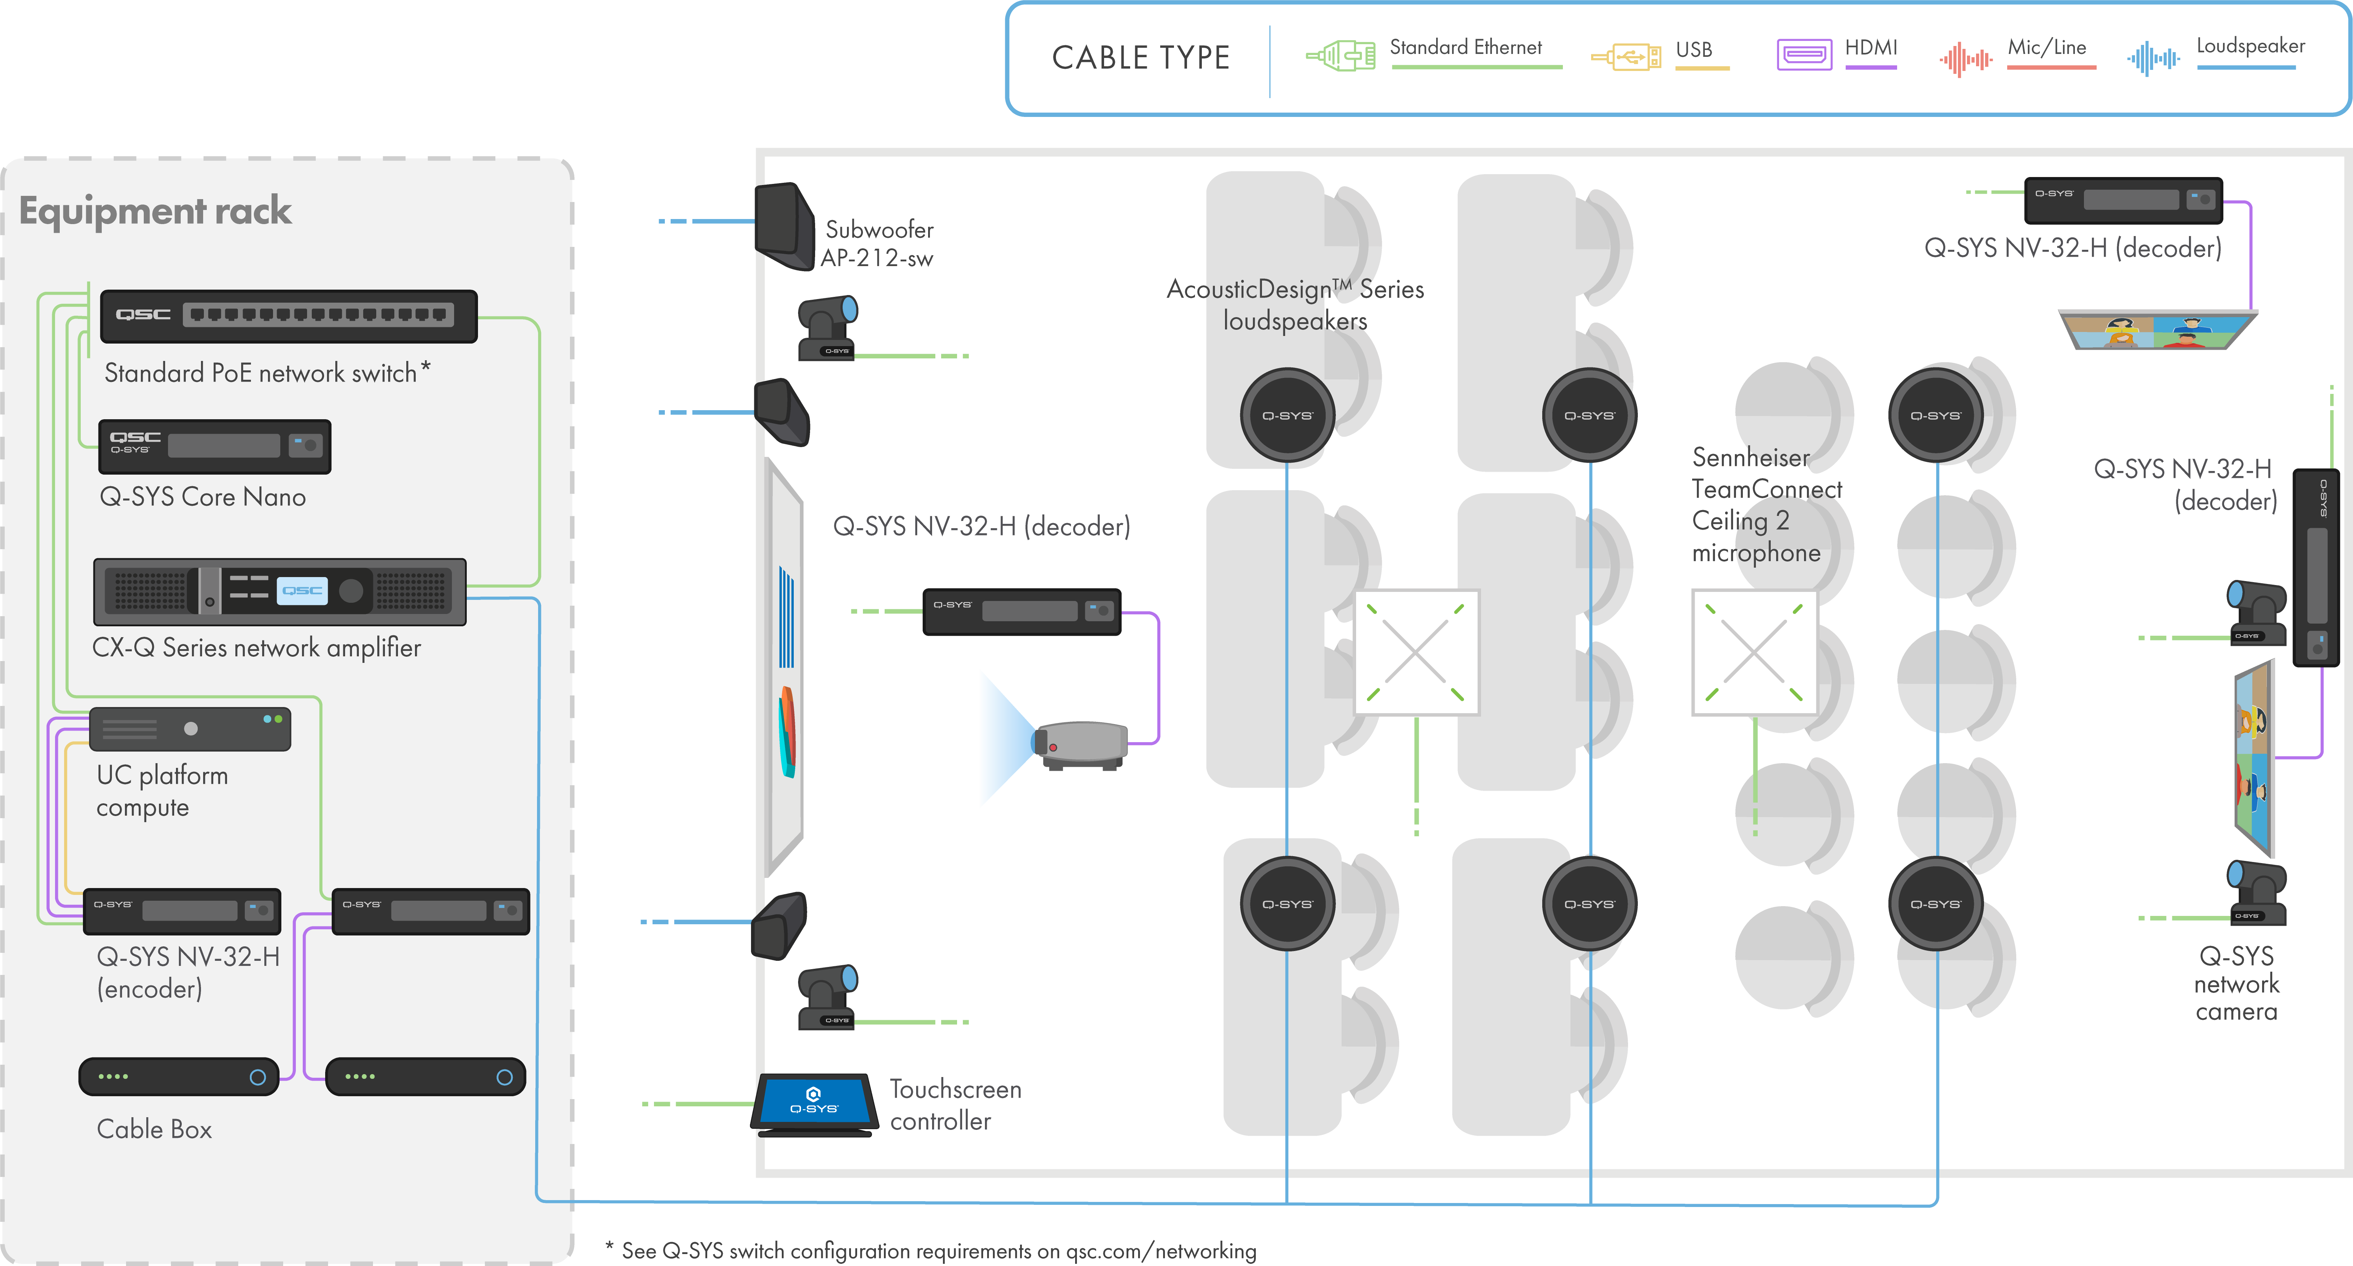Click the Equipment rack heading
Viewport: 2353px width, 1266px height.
tap(155, 211)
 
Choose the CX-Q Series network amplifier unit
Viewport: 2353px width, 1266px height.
tap(280, 592)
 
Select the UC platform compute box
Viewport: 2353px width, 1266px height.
tap(190, 729)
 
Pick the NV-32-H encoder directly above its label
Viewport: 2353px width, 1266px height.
tap(182, 911)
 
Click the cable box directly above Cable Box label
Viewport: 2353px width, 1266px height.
tap(179, 1077)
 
